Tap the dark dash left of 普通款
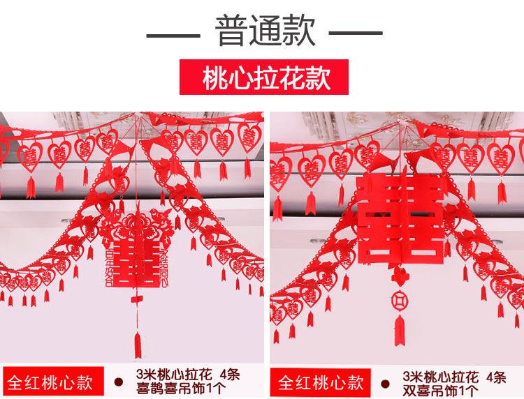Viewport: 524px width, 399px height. pos(173,33)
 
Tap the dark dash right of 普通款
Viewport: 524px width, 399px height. pos(356,33)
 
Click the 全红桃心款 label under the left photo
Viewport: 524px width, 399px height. pos(50,382)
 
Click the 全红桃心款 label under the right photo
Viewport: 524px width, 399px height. pos(322,382)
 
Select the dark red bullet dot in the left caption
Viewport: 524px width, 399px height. pos(118,382)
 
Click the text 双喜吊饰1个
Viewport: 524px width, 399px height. pos(441,389)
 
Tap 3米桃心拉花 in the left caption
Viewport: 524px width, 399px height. pos(166,375)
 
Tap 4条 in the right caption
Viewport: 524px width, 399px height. pos(497,377)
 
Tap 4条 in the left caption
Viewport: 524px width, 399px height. pos(229,375)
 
